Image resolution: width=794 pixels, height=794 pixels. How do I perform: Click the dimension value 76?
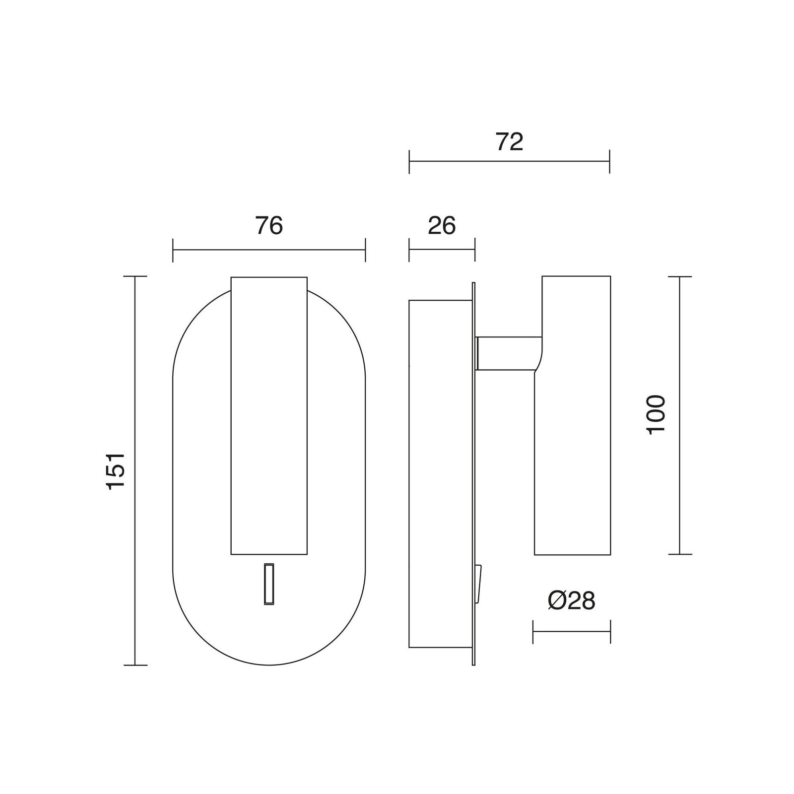[x=269, y=226]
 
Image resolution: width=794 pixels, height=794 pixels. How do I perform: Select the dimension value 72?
[x=510, y=142]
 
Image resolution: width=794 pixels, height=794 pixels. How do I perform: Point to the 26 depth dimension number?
[x=442, y=226]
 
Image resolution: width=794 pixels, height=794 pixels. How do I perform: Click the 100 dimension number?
[x=657, y=414]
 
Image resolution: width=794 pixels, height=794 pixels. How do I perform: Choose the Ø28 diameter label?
[x=571, y=601]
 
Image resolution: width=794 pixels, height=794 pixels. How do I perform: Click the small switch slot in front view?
[x=269, y=584]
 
